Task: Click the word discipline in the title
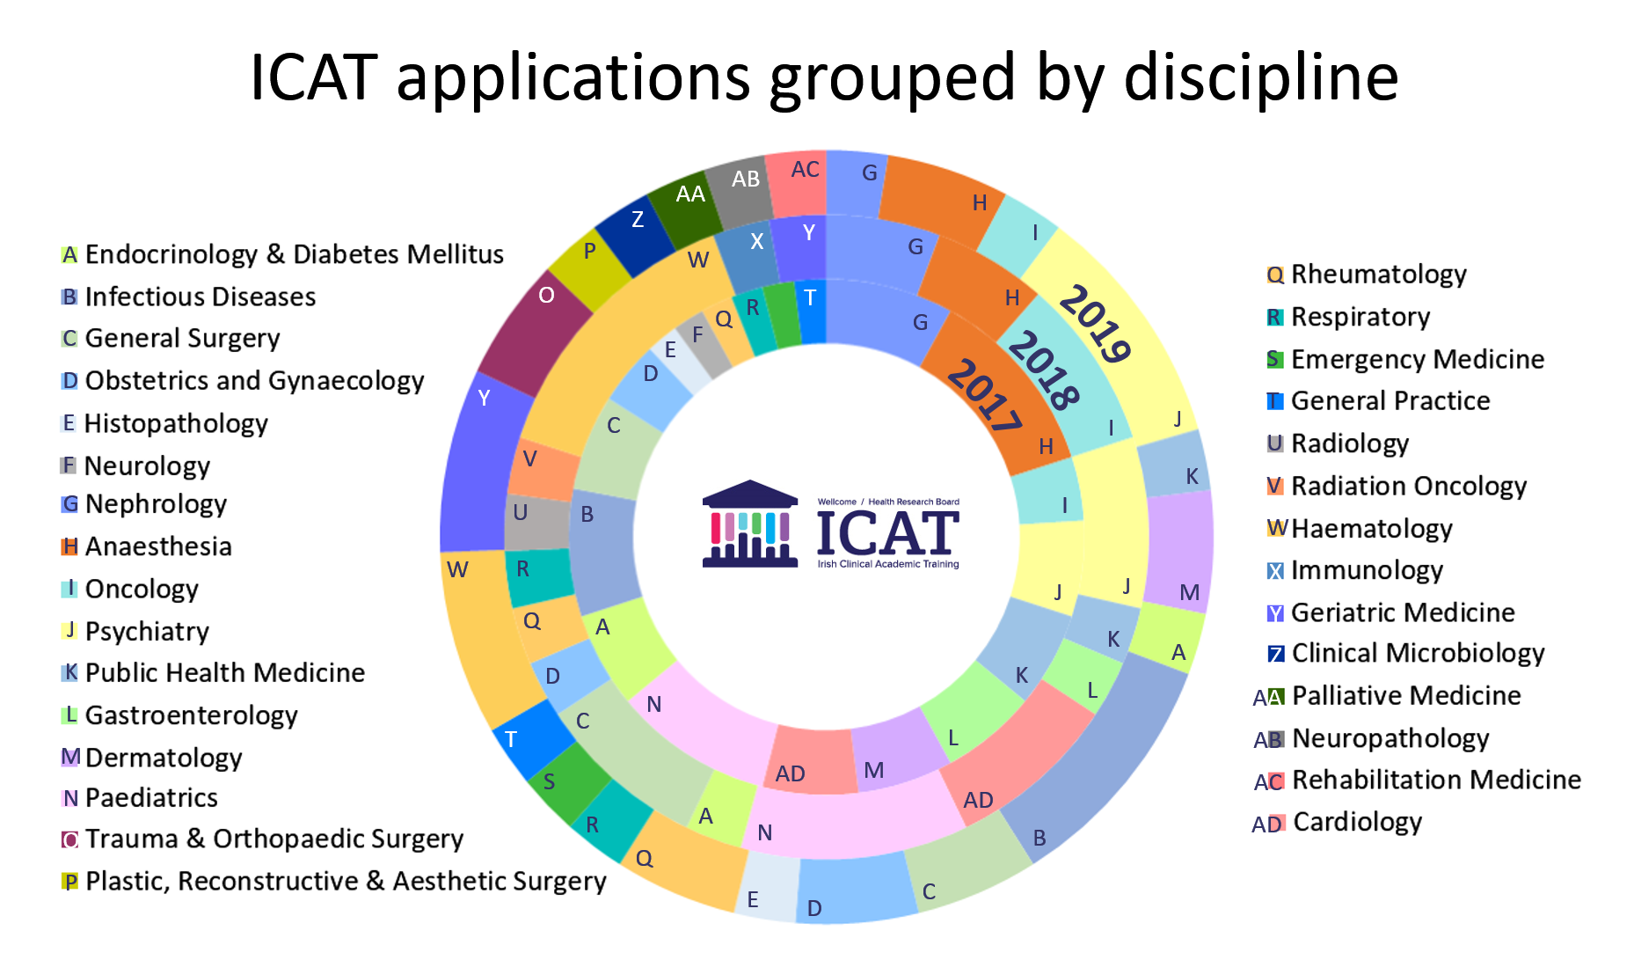[1260, 77]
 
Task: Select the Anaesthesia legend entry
[157, 546]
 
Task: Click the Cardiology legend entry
[1356, 822]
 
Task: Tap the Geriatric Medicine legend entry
[1402, 612]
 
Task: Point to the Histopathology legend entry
[175, 423]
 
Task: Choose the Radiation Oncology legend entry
[1408, 486]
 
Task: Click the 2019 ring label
[1095, 324]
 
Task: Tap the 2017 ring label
[985, 395]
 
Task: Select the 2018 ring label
[1043, 370]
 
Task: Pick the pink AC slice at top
[798, 180]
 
